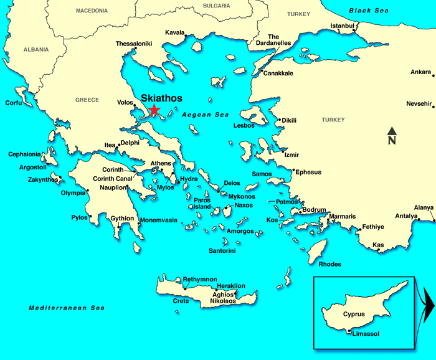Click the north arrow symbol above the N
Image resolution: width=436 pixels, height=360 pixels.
click(x=392, y=131)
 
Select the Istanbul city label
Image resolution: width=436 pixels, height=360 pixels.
click(x=342, y=26)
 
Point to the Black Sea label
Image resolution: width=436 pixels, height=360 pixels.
click(x=369, y=11)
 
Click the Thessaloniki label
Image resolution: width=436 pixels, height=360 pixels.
click(x=133, y=44)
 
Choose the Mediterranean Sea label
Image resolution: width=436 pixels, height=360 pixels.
click(x=67, y=308)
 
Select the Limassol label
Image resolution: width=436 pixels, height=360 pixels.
click(x=366, y=334)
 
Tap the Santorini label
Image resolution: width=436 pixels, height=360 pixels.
click(x=222, y=251)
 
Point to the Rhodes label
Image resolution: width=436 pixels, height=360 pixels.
click(x=329, y=264)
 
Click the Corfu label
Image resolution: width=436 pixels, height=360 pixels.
click(x=14, y=103)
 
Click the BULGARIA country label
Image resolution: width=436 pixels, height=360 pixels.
click(x=216, y=6)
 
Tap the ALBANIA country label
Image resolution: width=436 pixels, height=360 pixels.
click(x=36, y=49)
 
